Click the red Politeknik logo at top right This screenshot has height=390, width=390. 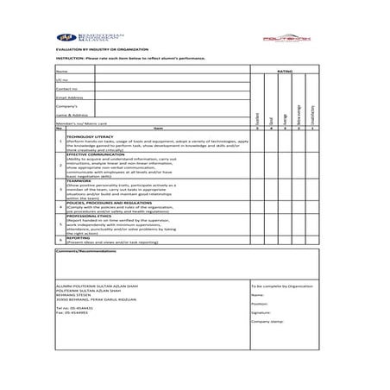click(x=311, y=39)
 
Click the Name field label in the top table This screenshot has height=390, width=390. click(x=61, y=71)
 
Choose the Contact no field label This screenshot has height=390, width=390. click(x=66, y=88)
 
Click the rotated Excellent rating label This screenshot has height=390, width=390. click(x=256, y=116)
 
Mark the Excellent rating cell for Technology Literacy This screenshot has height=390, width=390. click(x=256, y=142)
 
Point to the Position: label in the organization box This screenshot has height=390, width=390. click(x=261, y=303)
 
